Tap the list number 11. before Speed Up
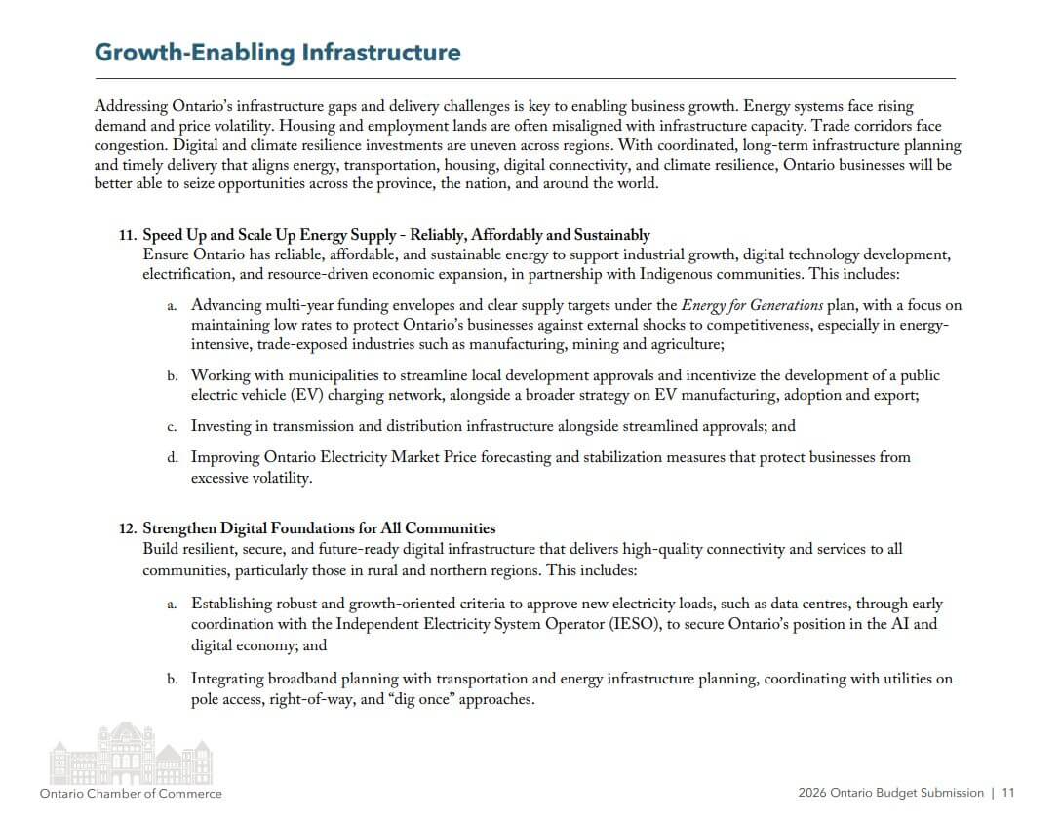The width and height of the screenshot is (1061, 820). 128,235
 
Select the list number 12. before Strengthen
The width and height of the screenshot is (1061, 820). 128,528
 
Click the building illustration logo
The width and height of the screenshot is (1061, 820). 131,753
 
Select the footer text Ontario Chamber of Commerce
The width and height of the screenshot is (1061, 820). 131,794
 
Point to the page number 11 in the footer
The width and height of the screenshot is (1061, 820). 1008,793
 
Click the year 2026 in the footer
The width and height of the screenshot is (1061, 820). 813,793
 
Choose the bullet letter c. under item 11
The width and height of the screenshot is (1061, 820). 172,426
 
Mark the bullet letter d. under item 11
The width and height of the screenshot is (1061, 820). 172,457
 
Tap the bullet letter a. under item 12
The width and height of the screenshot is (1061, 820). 172,605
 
